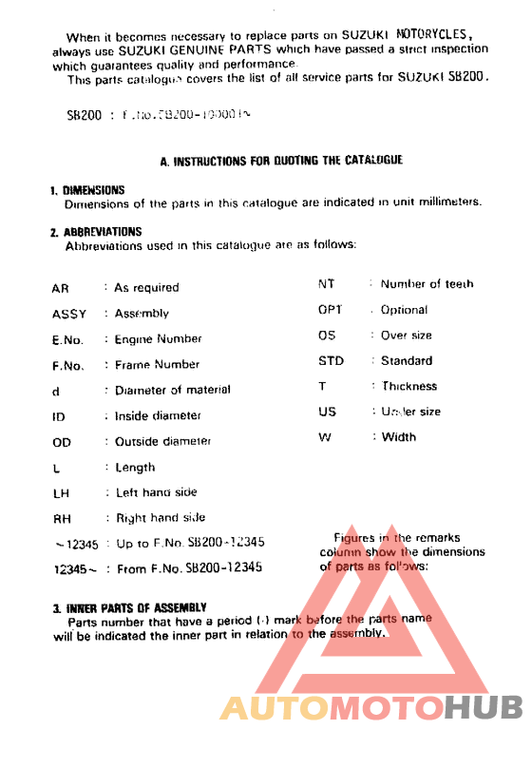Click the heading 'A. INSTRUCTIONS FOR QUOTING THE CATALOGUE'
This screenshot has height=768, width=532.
281,161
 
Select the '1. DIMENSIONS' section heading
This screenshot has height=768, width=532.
87,190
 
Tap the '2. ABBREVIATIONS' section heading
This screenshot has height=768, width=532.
96,232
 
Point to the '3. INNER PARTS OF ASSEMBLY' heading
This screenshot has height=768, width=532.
130,606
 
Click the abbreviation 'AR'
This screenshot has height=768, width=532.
60,287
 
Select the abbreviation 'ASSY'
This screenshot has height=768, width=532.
68,314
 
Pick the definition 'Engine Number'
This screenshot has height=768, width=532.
158,339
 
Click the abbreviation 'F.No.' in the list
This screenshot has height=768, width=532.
68,365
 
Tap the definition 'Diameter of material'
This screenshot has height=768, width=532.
172,390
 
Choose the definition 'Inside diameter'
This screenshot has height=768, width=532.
158,415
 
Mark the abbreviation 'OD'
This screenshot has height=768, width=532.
61,442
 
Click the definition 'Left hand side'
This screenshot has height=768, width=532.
156,492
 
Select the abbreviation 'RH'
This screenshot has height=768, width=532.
61,519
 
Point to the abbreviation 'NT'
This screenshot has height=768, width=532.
326,283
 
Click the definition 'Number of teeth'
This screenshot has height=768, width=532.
427,283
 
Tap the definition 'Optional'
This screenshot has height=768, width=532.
404,310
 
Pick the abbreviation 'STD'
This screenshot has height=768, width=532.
331,361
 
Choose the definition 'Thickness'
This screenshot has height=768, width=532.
409,387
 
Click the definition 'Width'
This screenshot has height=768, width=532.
399,437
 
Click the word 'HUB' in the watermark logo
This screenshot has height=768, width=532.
484,707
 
